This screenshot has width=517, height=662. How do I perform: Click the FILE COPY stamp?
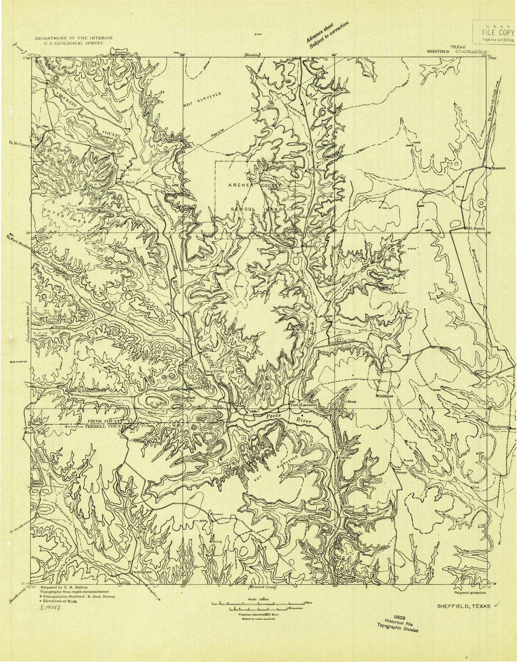492,32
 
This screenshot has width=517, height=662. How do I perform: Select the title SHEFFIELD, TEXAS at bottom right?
463,606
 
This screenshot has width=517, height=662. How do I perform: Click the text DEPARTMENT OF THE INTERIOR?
73,37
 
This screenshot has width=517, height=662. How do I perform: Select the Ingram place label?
346,457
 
